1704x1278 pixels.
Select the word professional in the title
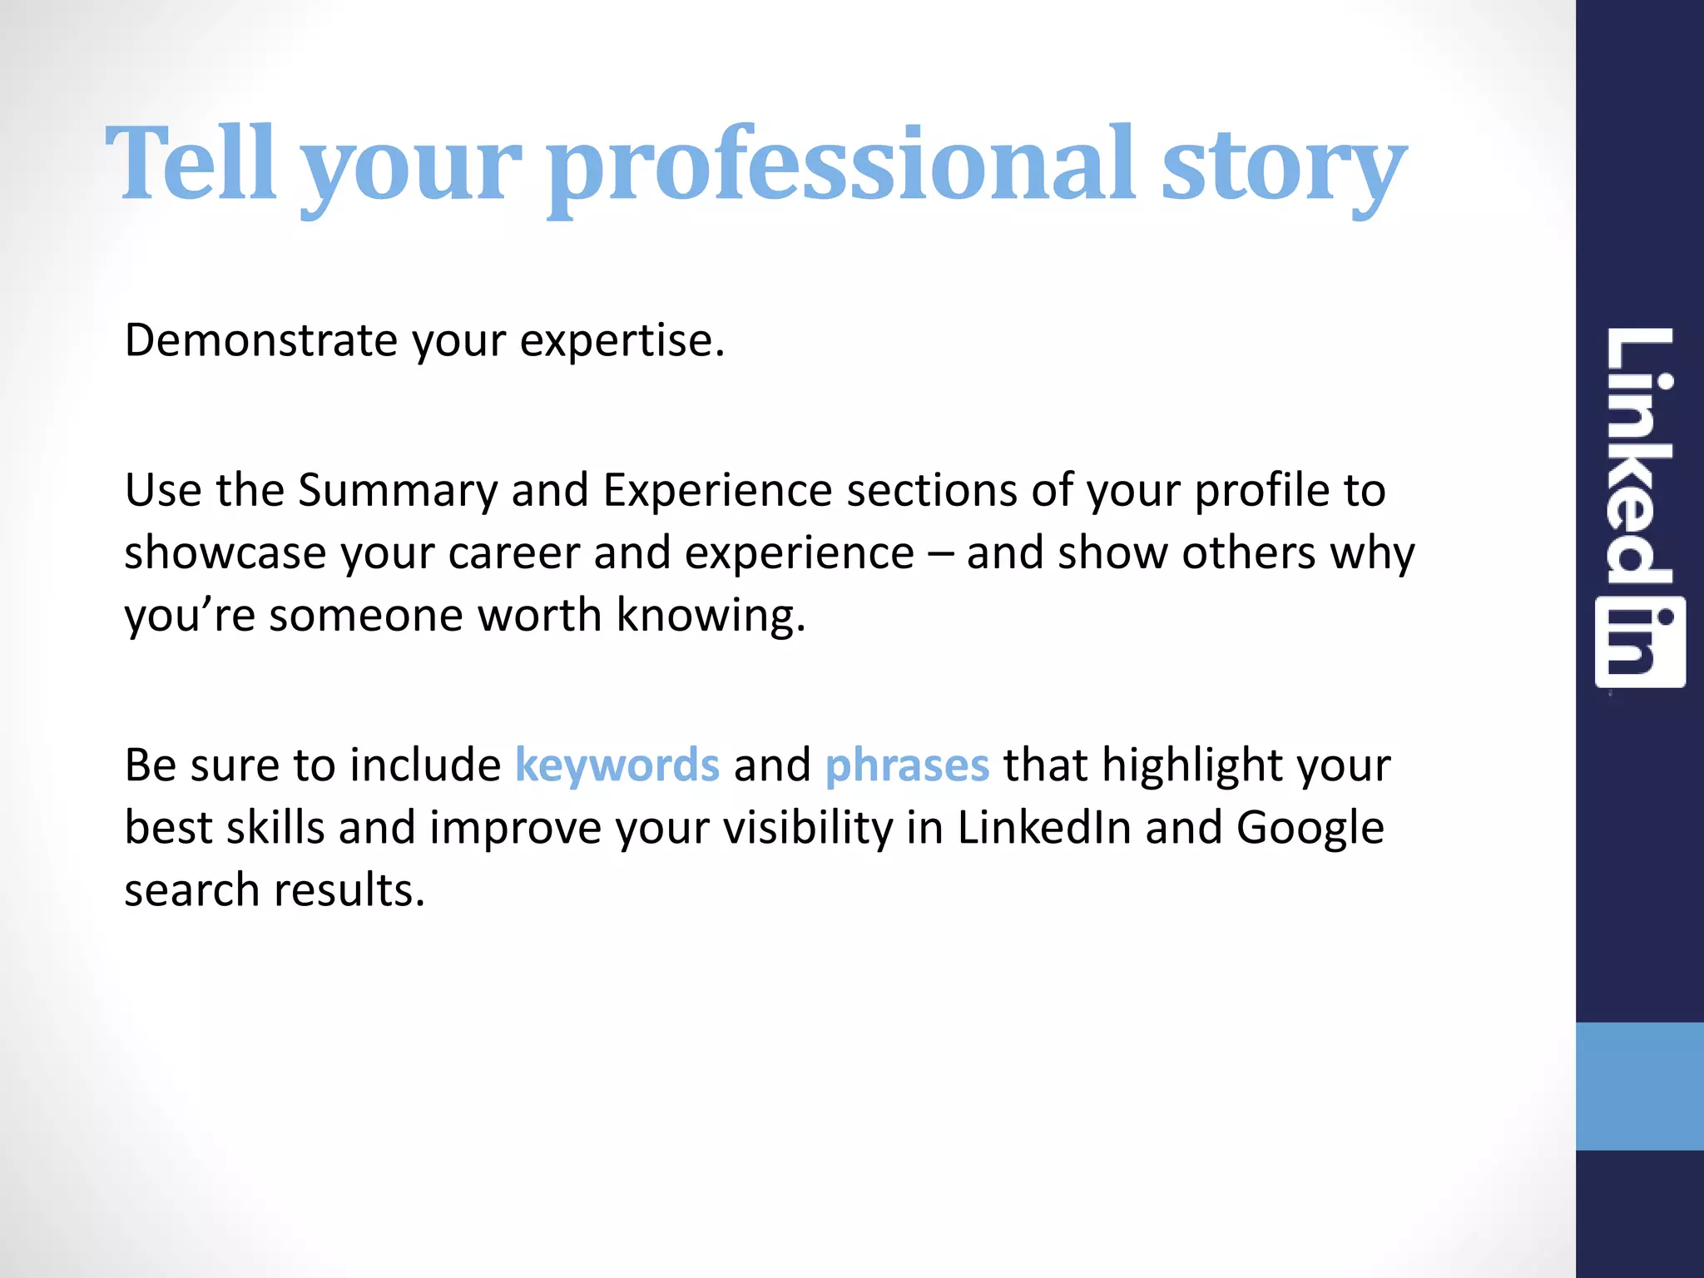841,166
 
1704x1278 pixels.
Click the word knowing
711,617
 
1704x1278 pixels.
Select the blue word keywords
617,765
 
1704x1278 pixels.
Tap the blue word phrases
907,765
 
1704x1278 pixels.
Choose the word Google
1310,829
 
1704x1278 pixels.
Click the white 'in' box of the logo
1640,642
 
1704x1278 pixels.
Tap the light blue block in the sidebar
1639,1086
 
